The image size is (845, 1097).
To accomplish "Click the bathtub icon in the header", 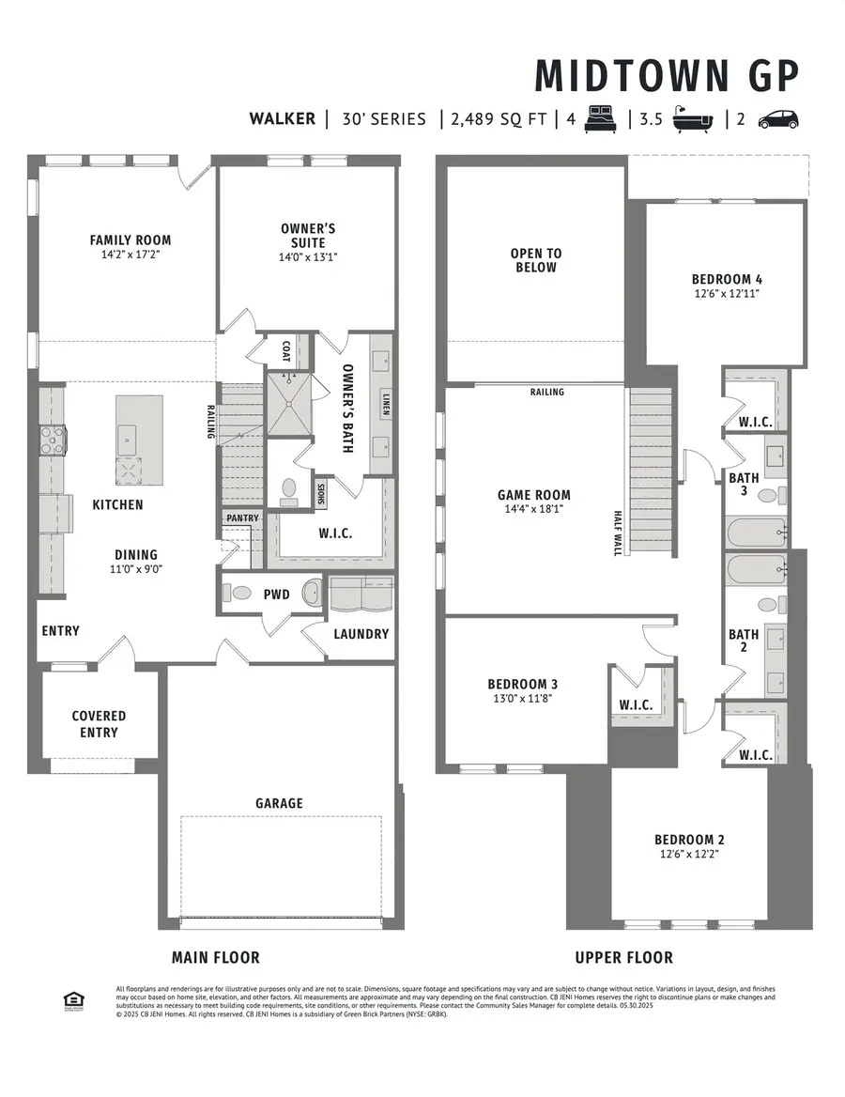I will [x=694, y=119].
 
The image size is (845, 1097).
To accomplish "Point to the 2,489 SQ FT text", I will [x=498, y=119].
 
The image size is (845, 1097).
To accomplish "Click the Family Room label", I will [x=131, y=240].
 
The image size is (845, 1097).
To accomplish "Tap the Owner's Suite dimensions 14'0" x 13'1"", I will [x=307, y=257].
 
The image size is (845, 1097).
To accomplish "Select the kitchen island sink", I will [x=130, y=437].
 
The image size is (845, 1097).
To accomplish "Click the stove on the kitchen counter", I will [x=53, y=440].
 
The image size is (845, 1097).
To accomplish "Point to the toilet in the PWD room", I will [x=240, y=594].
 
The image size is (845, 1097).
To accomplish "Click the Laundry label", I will [x=361, y=634].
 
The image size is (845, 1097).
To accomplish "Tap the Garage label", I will [x=280, y=803].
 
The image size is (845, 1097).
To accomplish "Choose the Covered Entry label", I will [x=99, y=723].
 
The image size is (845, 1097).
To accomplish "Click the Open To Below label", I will [x=535, y=260].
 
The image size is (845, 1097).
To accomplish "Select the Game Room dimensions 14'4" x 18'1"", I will [x=534, y=510].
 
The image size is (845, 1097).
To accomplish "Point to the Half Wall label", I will [x=617, y=533].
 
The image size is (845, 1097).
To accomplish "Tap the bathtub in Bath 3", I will [x=756, y=533].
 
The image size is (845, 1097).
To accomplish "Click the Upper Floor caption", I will [x=623, y=957].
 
